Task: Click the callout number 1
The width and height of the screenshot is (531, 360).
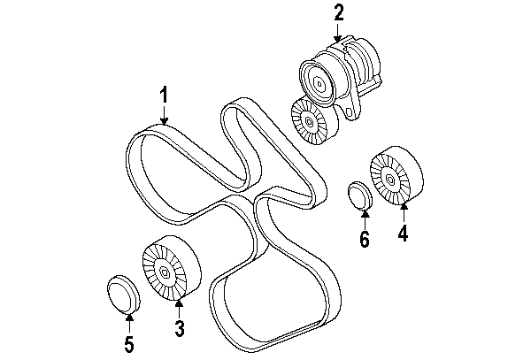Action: pyautogui.click(x=164, y=94)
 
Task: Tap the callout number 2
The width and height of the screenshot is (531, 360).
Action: pyautogui.click(x=337, y=12)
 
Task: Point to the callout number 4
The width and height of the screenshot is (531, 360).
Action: pyautogui.click(x=403, y=234)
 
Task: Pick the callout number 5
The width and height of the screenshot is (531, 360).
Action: pyautogui.click(x=128, y=344)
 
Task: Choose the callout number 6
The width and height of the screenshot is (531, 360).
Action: pyautogui.click(x=363, y=239)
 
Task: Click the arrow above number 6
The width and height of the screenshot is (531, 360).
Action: pyautogui.click(x=363, y=217)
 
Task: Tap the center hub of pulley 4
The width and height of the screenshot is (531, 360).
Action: pyautogui.click(x=389, y=180)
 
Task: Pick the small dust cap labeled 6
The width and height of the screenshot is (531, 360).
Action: pyautogui.click(x=358, y=195)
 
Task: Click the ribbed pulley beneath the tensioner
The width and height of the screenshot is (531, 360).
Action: pyautogui.click(x=309, y=121)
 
